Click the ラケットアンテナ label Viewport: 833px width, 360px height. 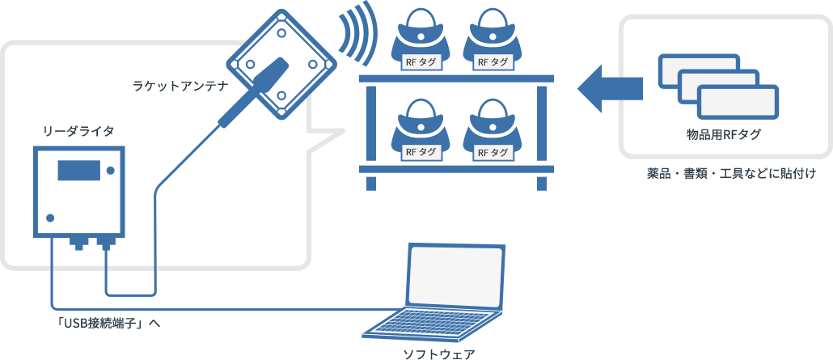pyautogui.click(x=179, y=85)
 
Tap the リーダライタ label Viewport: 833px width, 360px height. pyautogui.click(x=78, y=130)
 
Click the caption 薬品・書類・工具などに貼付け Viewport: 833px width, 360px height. pyautogui.click(x=731, y=173)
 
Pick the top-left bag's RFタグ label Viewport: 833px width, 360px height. pyautogui.click(x=421, y=61)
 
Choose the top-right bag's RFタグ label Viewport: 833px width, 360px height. pyautogui.click(x=494, y=61)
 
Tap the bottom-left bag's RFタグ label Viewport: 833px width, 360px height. pyautogui.click(x=421, y=151)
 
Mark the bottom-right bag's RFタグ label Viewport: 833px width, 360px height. pyautogui.click(x=494, y=151)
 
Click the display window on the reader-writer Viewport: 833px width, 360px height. pyautogui.click(x=78, y=171)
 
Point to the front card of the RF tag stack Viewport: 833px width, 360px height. pyautogui.click(x=737, y=103)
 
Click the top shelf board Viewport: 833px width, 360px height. pyautogui.click(x=456, y=78)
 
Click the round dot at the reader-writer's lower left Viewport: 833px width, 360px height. pyautogui.click(x=51, y=218)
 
